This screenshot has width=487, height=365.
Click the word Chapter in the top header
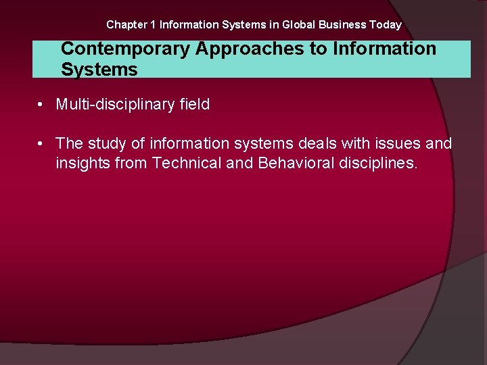(126, 25)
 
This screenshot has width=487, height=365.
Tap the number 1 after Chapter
(153, 25)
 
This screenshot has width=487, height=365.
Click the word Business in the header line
(342, 25)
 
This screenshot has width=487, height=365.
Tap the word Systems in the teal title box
(99, 70)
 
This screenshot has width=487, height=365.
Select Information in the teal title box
(384, 49)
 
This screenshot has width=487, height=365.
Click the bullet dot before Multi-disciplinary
(41, 105)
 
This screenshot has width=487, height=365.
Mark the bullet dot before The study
(41, 144)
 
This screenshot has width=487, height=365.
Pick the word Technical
(186, 163)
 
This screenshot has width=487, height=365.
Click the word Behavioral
(296, 163)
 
